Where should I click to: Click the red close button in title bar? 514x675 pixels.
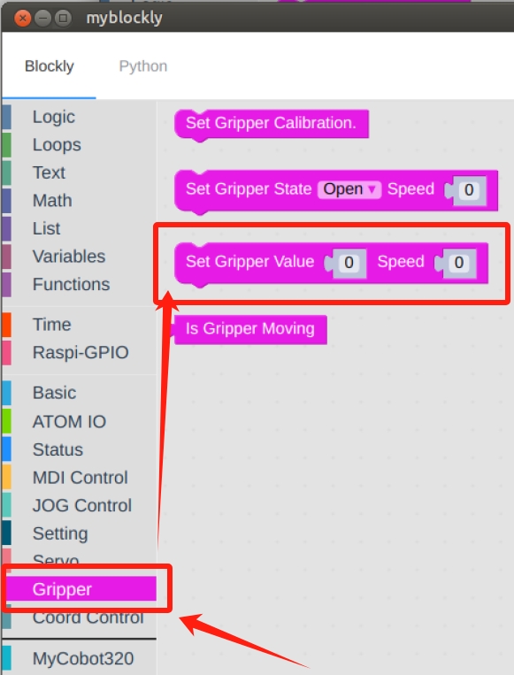[x=22, y=18]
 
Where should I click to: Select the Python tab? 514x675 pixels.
[x=143, y=66]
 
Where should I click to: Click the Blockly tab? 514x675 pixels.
[x=49, y=66]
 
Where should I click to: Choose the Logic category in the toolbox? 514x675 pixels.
[x=54, y=117]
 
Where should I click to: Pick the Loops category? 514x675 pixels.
[x=57, y=145]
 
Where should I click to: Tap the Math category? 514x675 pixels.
[x=52, y=201]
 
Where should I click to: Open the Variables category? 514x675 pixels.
[x=69, y=257]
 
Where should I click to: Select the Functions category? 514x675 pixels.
[x=71, y=285]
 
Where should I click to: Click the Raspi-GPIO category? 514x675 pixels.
[x=81, y=353]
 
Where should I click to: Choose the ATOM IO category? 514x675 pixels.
[x=69, y=422]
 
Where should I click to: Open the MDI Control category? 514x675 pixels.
[x=81, y=478]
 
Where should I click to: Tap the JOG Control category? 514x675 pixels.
[x=81, y=506]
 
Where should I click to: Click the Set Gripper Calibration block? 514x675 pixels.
[x=272, y=124]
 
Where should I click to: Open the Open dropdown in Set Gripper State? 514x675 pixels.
[x=349, y=189]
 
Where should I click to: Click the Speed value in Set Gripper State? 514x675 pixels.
[x=469, y=190]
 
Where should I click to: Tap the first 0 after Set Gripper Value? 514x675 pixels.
[x=349, y=263]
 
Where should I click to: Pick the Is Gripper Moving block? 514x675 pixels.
[x=249, y=329]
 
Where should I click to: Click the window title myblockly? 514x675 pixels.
[x=124, y=18]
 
